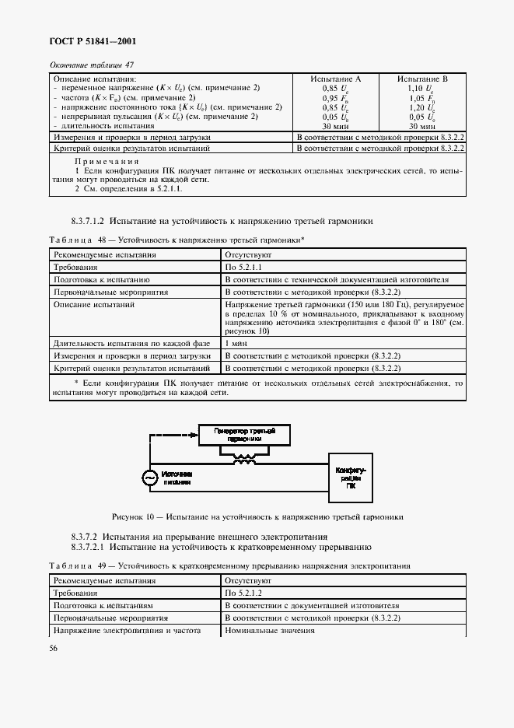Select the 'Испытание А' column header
coord(336,79)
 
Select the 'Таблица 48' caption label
coord(72,240)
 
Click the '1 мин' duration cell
coord(237,343)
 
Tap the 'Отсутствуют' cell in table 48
coord(248,254)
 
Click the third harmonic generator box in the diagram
coord(247,435)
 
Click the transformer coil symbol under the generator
coord(247,460)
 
